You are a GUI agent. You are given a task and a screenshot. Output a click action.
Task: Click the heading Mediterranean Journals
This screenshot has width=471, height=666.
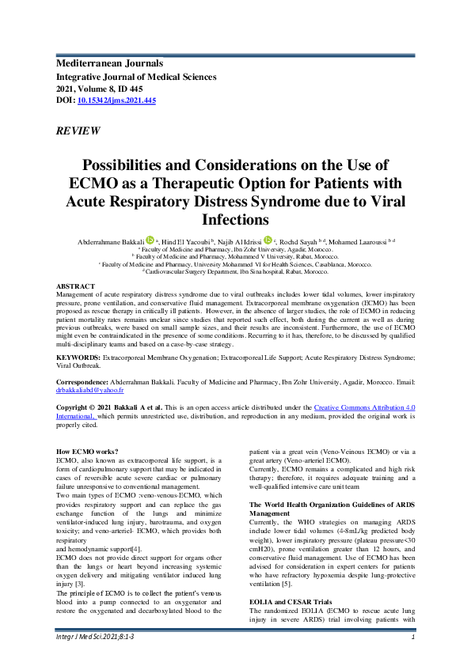[109, 62]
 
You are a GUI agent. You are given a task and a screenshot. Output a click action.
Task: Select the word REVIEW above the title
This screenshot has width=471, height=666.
[78, 131]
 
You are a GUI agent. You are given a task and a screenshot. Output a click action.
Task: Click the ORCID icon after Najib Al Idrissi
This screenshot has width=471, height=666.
[268, 239]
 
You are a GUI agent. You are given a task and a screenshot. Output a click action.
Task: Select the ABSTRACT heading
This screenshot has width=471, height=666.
[75, 286]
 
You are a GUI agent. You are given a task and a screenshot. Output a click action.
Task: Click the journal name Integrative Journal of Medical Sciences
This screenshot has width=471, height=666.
[135, 77]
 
